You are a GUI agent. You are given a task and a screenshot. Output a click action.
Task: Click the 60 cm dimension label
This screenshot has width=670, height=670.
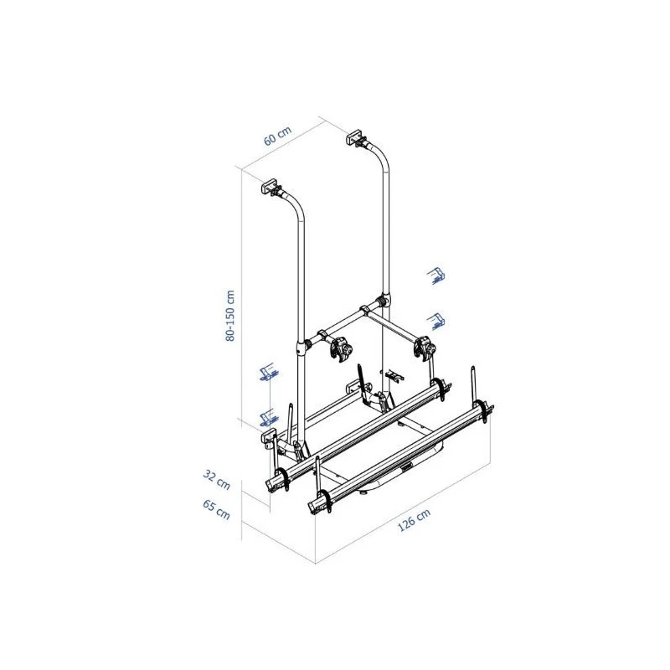pos(278,136)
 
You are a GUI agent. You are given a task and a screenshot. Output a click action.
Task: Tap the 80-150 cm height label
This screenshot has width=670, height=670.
pos(229,316)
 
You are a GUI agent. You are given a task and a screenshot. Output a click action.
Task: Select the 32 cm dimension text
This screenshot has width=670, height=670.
pos(217,480)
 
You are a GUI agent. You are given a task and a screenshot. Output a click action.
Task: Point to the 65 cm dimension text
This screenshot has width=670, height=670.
pos(216,510)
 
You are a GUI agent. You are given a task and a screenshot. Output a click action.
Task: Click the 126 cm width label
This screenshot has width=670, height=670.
pos(414,520)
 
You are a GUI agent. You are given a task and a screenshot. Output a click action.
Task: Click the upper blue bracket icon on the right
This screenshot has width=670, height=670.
pos(436,276)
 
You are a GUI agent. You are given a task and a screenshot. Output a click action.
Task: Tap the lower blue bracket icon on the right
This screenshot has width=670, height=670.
pos(436,322)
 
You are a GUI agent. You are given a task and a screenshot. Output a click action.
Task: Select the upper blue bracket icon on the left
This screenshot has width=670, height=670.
pos(268,372)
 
